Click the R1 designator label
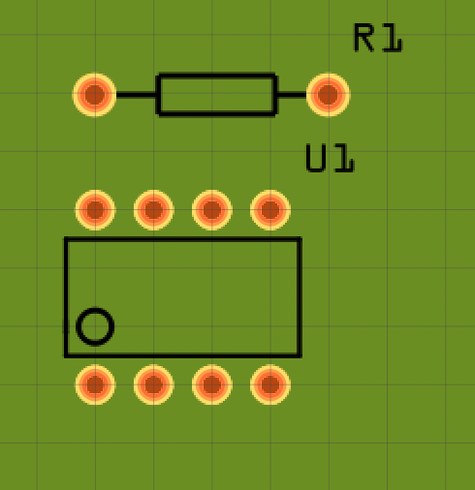click(378, 38)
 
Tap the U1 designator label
click(330, 158)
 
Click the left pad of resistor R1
click(94, 95)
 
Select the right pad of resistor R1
click(328, 95)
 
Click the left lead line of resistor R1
click(136, 95)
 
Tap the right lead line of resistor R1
click(292, 95)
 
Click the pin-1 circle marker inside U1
click(95, 326)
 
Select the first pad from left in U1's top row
click(95, 210)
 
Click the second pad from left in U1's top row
click(153, 210)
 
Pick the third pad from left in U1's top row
click(212, 210)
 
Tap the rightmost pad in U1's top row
click(270, 210)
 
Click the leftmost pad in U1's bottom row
click(95, 384)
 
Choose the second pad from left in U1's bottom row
click(153, 384)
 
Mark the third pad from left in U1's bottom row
click(212, 384)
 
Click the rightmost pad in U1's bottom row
click(270, 384)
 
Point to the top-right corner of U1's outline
click(300, 239)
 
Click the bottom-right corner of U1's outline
click(300, 355)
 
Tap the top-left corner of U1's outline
click(66, 239)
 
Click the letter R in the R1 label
click(364, 38)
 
